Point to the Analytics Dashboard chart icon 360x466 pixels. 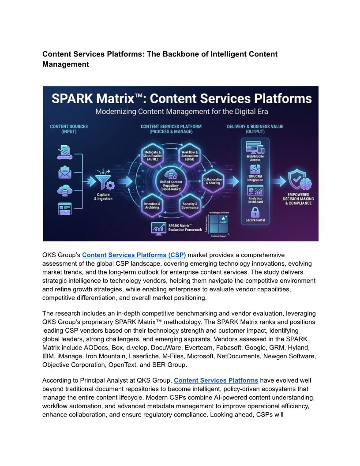[x=255, y=191]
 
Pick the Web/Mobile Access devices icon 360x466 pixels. [x=255, y=148]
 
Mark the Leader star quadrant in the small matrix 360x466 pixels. [x=224, y=219]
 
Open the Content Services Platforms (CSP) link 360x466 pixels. [x=134, y=255]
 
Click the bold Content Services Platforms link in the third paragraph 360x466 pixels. [x=216, y=380]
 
